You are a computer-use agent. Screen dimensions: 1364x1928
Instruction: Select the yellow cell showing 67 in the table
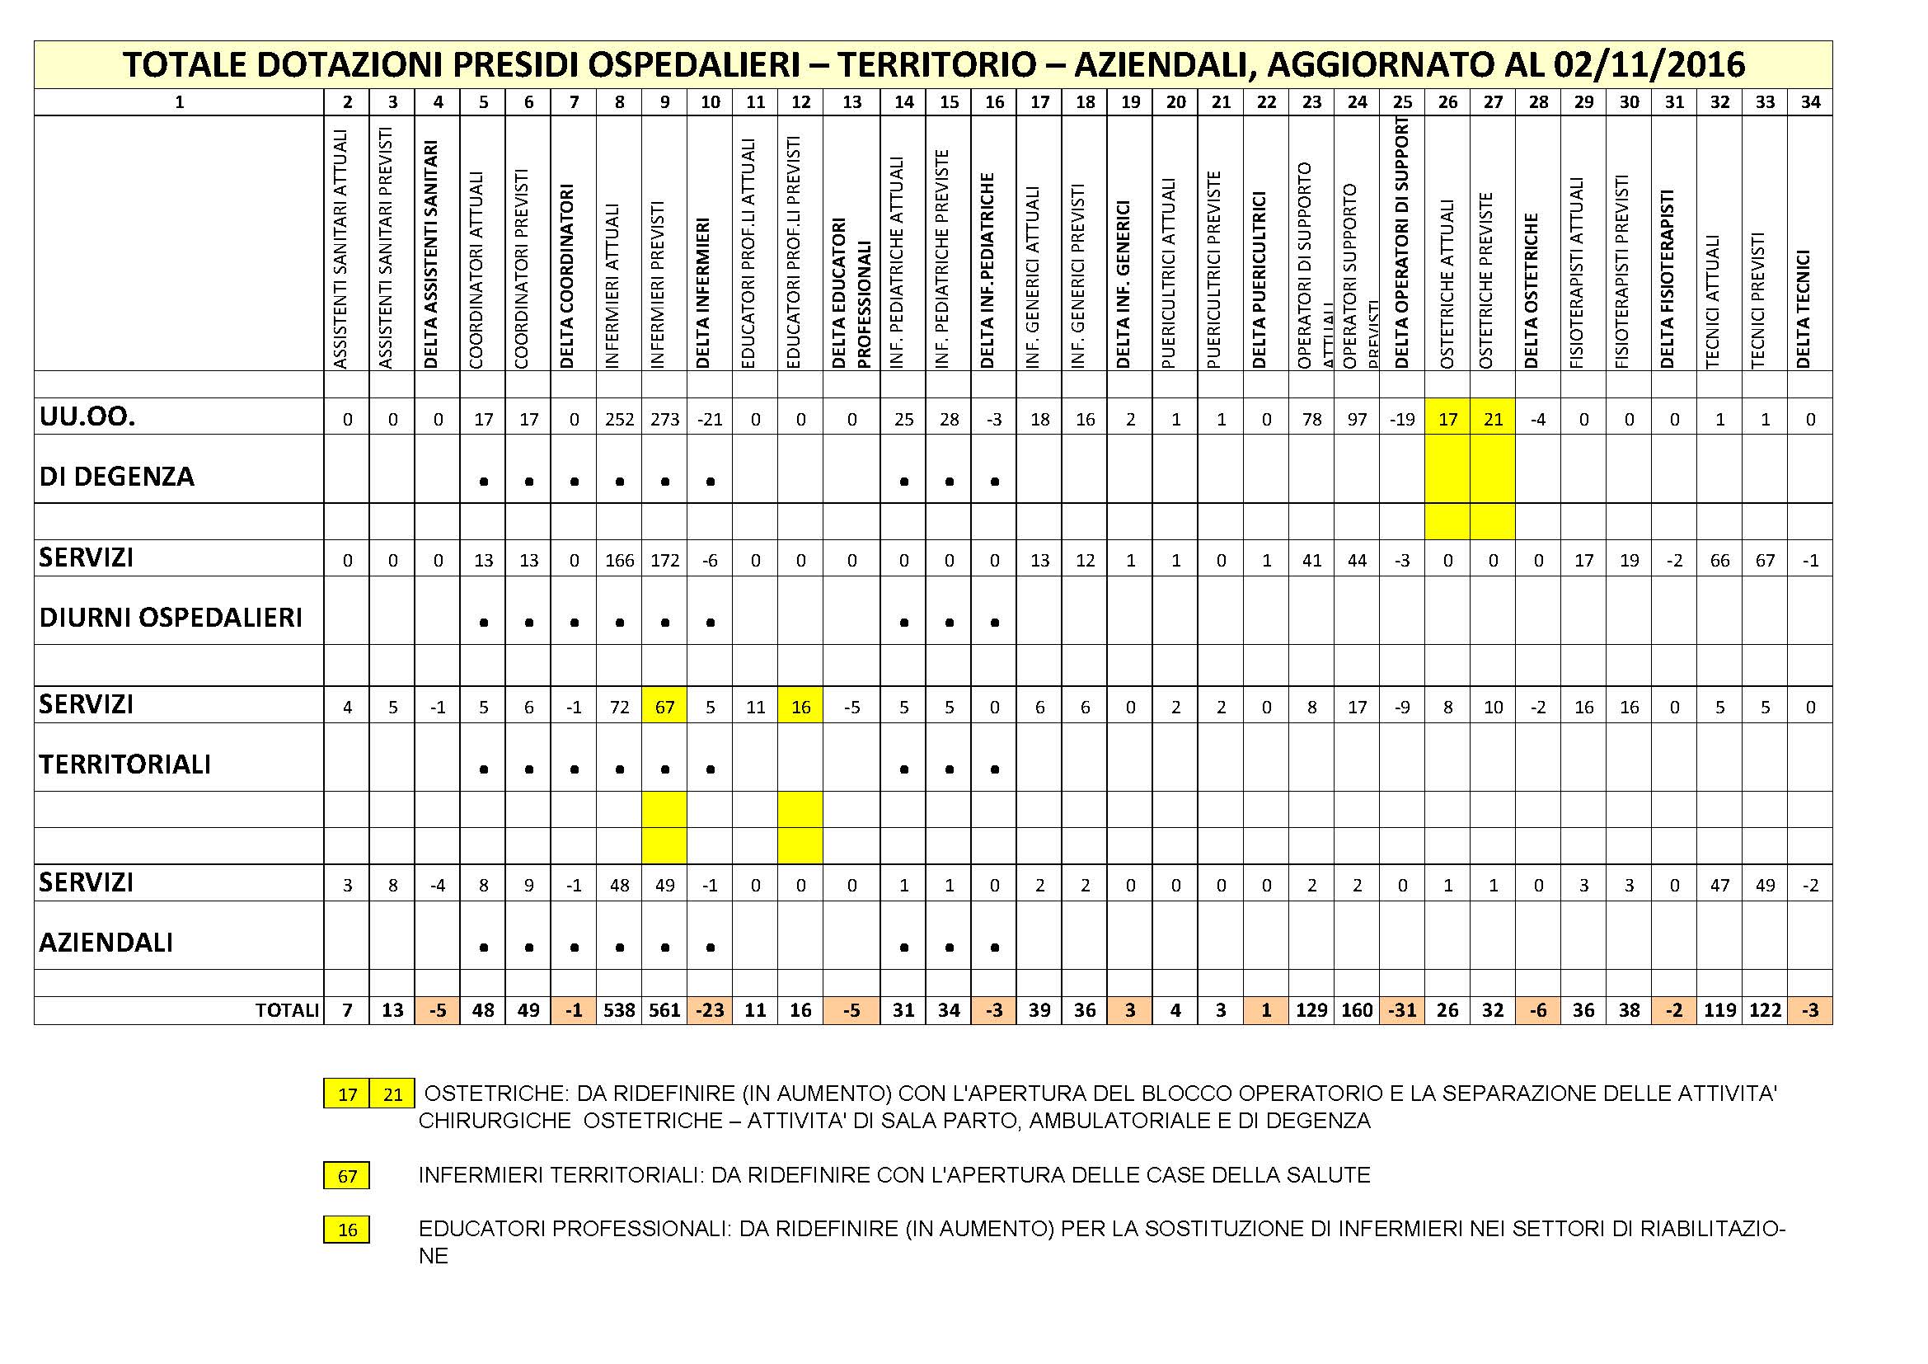coord(664,708)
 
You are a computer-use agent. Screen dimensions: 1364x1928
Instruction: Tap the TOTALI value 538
coord(619,1010)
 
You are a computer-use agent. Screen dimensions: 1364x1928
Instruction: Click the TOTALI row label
coord(286,1010)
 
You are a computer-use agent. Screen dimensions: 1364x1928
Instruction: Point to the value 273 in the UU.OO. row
coord(664,419)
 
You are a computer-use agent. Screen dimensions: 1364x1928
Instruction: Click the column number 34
coord(1810,102)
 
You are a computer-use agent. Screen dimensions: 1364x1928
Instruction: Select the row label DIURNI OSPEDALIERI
coord(171,619)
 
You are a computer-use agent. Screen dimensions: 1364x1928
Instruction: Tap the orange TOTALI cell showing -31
coord(1402,1010)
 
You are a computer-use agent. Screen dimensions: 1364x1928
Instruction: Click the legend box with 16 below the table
coord(347,1230)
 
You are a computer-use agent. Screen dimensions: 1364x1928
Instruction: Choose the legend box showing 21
coord(392,1094)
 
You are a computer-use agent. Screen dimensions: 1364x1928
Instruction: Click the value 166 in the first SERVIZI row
coord(619,560)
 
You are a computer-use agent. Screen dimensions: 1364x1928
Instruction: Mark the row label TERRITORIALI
coord(124,764)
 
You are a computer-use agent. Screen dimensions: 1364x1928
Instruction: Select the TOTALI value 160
coord(1357,1010)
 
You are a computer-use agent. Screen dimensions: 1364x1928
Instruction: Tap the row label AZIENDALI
coord(106,943)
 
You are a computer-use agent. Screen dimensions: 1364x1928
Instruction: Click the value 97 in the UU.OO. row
coord(1357,419)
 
